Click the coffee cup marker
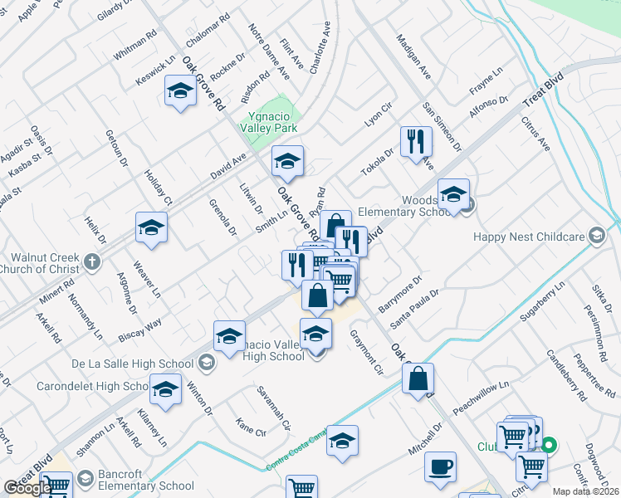coord(440,466)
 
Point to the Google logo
coord(27,488)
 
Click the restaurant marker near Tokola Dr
coord(416,141)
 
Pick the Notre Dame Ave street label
coord(270,49)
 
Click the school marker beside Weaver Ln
coord(151,227)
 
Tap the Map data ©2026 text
coord(586,491)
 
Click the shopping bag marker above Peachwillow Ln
coord(418,378)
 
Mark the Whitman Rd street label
coord(135,46)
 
